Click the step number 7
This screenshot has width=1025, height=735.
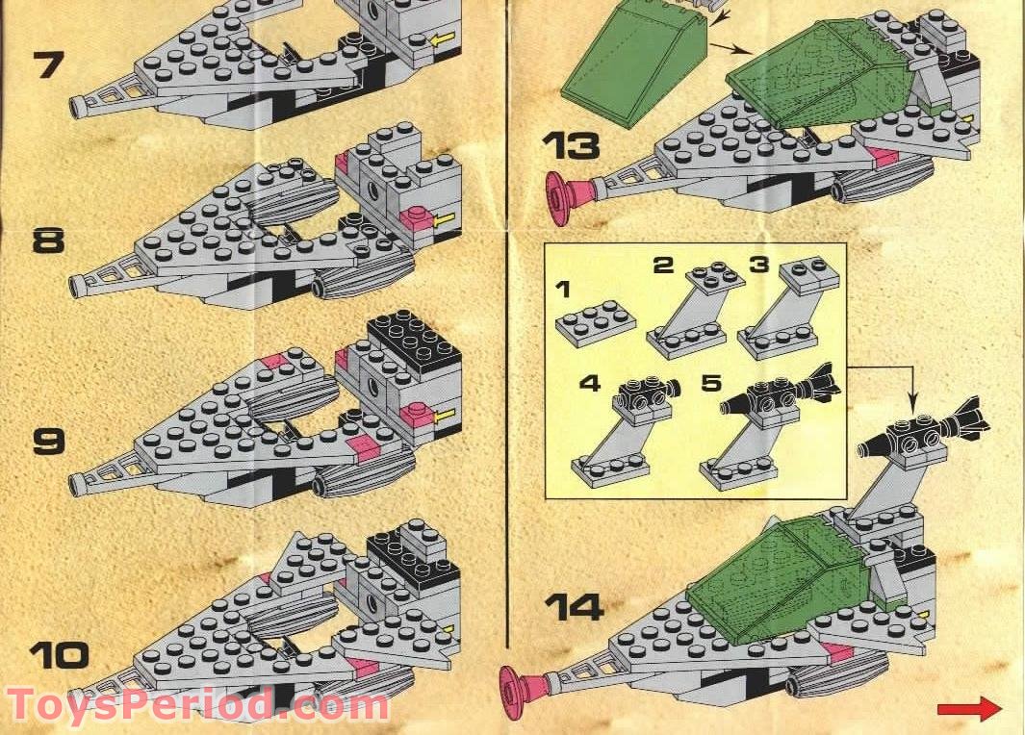50,64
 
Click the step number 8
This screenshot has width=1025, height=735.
49,240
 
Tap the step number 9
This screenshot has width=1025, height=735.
49,441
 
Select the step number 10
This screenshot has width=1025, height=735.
59,654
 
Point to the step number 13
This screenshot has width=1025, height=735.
572,145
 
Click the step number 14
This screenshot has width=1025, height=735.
575,607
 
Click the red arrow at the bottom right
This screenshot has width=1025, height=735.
969,710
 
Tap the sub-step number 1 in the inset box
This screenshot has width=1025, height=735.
563,289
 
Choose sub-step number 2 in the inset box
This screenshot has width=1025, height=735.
663,265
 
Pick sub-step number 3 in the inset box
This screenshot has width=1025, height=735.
759,265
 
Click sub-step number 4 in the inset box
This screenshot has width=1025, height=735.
590,382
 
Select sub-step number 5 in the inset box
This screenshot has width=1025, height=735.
710,382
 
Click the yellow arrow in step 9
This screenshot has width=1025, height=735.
446,415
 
